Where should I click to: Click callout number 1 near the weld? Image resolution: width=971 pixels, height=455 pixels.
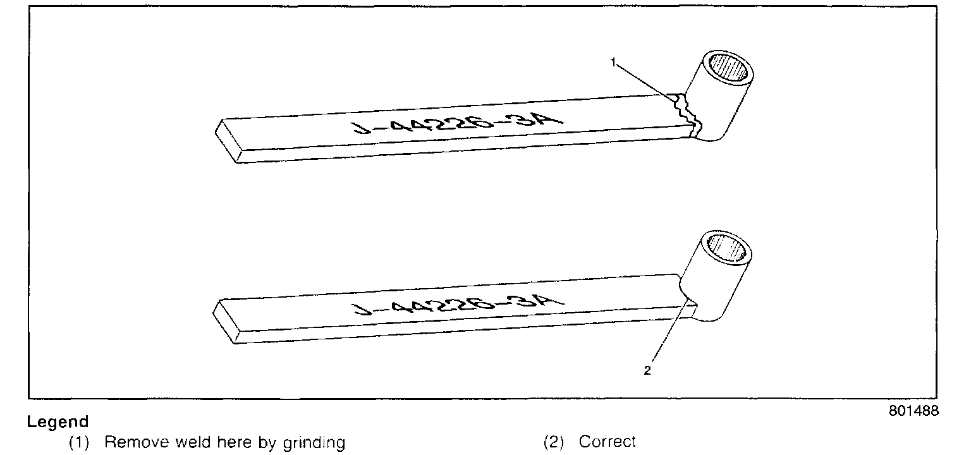[613, 61]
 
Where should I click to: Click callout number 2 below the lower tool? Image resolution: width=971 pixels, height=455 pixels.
[647, 371]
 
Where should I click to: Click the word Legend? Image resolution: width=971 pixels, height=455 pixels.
[58, 422]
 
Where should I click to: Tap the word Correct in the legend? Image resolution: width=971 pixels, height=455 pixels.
[607, 442]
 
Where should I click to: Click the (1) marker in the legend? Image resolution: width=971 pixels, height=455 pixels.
[78, 442]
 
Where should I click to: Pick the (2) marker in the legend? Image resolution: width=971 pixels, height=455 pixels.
[554, 442]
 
